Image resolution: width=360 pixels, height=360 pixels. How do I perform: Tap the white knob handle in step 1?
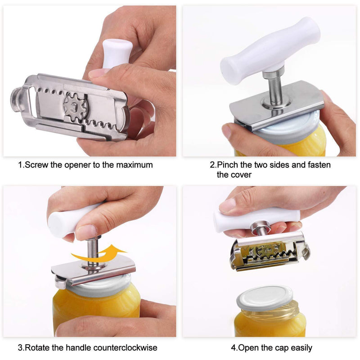117,54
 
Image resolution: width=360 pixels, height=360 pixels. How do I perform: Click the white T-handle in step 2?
270,50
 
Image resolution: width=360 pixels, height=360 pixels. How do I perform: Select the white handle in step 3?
69,220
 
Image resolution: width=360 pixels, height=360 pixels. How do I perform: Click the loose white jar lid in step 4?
265,298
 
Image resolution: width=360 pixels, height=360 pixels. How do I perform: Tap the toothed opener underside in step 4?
270,254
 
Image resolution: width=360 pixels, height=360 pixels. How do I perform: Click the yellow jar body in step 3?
96,310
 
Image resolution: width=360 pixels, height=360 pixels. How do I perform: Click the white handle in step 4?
256,219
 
